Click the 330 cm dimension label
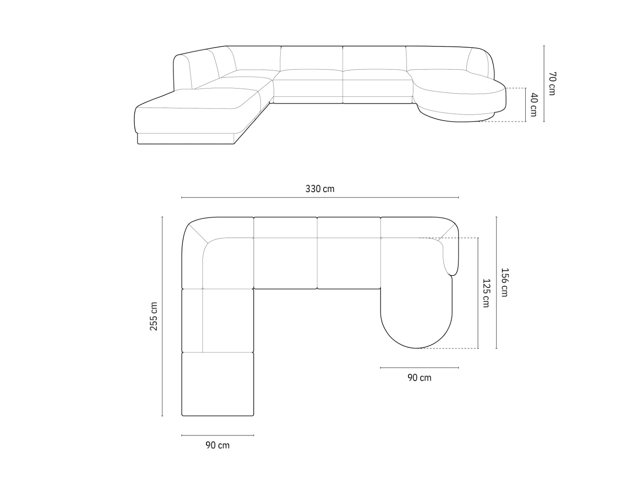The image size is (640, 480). pos(320,189)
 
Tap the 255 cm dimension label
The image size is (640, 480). pos(153,316)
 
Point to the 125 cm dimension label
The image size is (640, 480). pos(486,293)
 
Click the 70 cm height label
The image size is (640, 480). pos(552,84)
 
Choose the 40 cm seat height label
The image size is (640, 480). pos(534,105)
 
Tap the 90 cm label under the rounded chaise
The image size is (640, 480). pos(419,378)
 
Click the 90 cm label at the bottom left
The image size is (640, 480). pos(218,445)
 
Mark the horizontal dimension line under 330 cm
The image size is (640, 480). pos(320,197)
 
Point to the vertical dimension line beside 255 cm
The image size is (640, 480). pos(162,316)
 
